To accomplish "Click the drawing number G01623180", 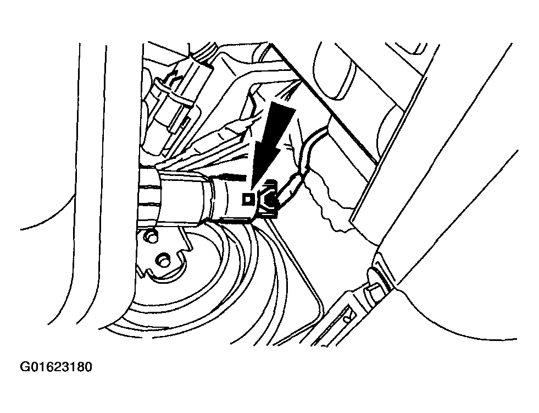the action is tap(56, 367).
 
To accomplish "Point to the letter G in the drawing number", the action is tap(24, 367).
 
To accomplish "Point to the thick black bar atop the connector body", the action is tap(233, 177).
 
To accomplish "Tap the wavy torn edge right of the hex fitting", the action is tap(330, 203).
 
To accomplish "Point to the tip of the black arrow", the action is tap(252, 189).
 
